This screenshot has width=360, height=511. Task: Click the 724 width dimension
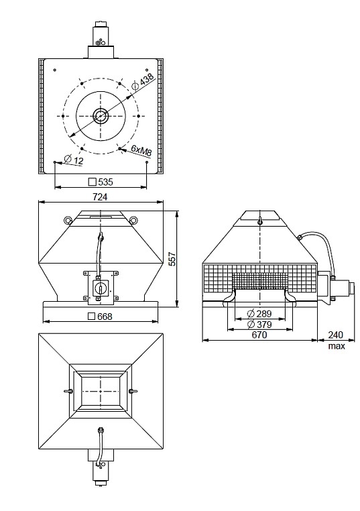pyautogui.click(x=101, y=196)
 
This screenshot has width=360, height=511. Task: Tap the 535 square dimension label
pyautogui.click(x=101, y=181)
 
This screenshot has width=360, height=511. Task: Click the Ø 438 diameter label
pyautogui.click(x=144, y=82)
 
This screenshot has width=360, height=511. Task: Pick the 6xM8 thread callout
pyautogui.click(x=141, y=152)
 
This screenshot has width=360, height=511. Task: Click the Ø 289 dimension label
pyautogui.click(x=259, y=313)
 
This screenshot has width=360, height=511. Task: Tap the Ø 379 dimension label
pyautogui.click(x=259, y=325)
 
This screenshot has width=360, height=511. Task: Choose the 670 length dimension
pyautogui.click(x=259, y=335)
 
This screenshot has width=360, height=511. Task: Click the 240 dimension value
pyautogui.click(x=336, y=335)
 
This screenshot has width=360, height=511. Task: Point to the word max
pyautogui.click(x=336, y=346)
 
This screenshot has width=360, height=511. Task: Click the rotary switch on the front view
pyautogui.click(x=101, y=286)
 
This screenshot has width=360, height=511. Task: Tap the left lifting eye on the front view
pyautogui.click(x=68, y=220)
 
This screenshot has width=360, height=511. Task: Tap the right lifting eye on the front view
pyautogui.click(x=133, y=220)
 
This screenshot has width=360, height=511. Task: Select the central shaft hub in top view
pyautogui.click(x=101, y=115)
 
